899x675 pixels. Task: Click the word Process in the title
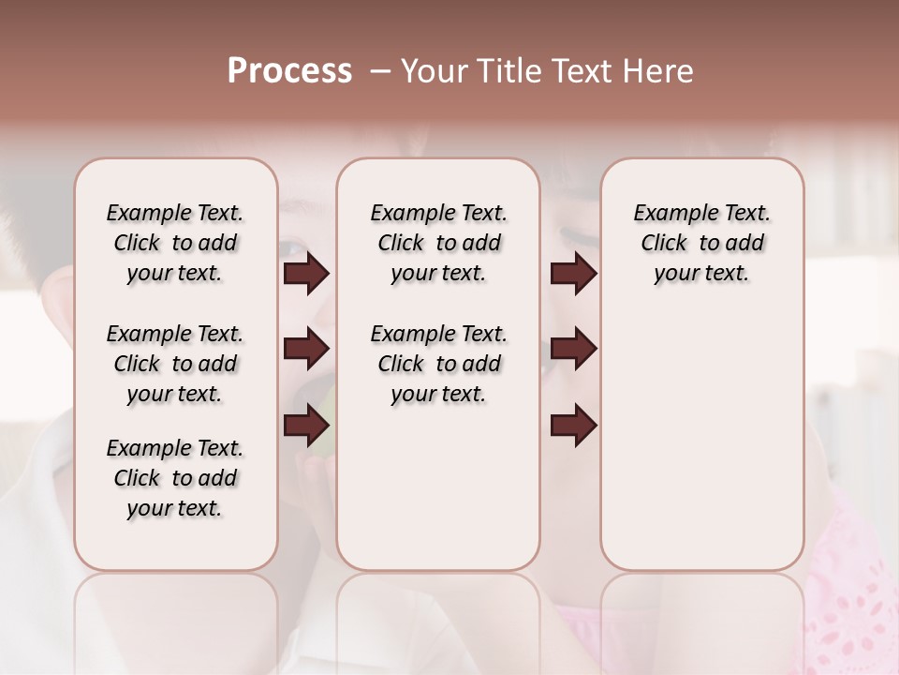(289, 71)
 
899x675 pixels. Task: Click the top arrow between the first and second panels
(306, 274)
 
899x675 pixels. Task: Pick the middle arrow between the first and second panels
(306, 350)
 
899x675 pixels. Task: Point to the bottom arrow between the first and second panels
(306, 426)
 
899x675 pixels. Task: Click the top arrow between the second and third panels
(573, 274)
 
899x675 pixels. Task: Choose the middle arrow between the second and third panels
(573, 350)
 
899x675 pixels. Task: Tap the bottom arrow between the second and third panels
(573, 426)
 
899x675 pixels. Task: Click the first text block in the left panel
(175, 244)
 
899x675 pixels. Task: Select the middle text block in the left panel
(175, 364)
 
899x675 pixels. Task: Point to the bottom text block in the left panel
(175, 478)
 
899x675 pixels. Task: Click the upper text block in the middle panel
(438, 244)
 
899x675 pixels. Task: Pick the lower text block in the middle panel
(438, 364)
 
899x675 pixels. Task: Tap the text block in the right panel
(702, 244)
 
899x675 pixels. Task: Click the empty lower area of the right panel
(702, 441)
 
